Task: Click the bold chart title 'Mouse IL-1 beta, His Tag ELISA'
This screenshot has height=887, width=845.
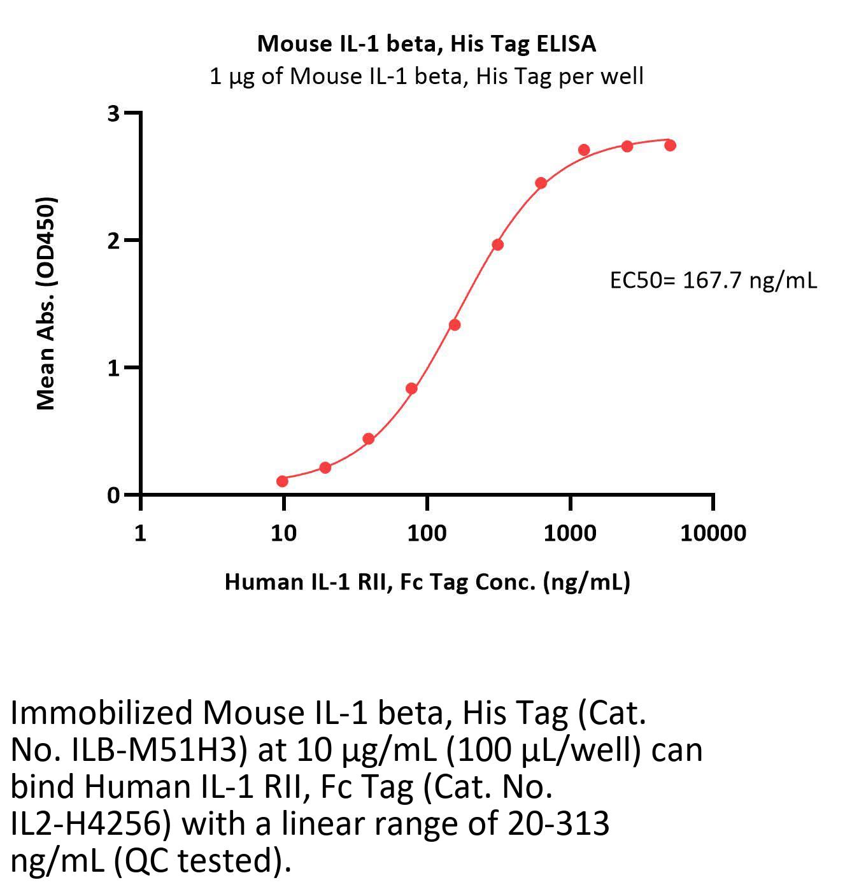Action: click(x=427, y=43)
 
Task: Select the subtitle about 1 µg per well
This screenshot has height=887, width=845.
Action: click(x=427, y=76)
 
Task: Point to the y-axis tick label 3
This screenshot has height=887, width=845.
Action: click(x=114, y=113)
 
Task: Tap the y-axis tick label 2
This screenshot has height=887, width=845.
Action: click(x=114, y=241)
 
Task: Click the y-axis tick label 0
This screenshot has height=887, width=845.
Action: click(x=114, y=495)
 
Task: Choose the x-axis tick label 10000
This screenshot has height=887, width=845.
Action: click(x=713, y=532)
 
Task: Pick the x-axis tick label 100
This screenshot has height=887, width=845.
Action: click(x=427, y=532)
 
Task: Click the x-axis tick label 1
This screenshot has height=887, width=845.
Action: click(x=140, y=532)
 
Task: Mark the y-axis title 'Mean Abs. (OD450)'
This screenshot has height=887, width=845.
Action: click(x=46, y=303)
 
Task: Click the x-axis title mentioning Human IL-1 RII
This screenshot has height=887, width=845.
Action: click(x=427, y=581)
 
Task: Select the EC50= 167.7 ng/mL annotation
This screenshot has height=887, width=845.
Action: click(x=713, y=280)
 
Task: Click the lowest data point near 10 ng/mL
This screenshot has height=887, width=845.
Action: click(x=282, y=481)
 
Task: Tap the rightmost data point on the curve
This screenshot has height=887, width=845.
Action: click(x=670, y=145)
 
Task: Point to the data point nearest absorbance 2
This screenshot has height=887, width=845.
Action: click(x=497, y=245)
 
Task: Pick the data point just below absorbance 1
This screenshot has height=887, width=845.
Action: click(x=411, y=388)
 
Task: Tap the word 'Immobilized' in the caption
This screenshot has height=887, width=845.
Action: click(x=102, y=714)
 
